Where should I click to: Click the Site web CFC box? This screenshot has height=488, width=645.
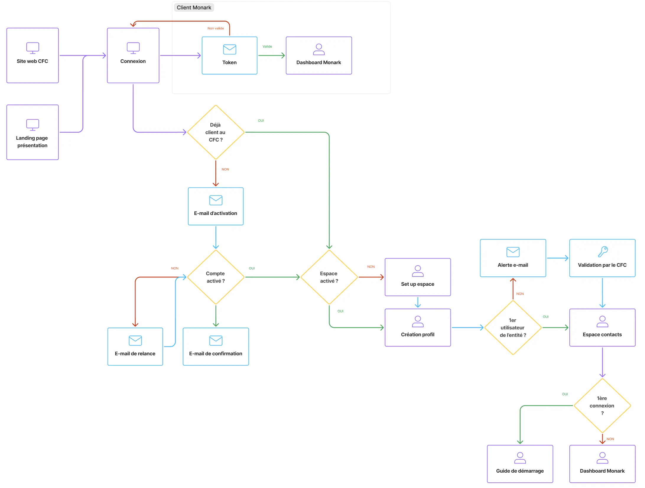33,56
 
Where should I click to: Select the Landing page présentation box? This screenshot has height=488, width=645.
33,132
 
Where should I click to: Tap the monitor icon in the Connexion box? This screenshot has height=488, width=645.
133,48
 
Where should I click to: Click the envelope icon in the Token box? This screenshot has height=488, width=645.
230,49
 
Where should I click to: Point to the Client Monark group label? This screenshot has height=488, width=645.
194,8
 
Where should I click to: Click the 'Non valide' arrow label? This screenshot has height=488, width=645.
215,28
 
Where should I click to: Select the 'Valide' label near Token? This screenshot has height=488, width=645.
267,46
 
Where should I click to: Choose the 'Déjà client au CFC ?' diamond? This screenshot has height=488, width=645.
216,132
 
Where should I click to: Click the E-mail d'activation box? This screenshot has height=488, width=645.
216,206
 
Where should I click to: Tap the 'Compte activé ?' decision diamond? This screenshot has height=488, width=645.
216,277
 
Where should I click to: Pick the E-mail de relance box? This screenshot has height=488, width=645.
135,347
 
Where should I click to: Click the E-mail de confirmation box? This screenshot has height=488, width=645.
216,347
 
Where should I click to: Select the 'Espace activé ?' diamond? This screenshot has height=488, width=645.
329,277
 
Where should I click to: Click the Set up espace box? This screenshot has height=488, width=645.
417,277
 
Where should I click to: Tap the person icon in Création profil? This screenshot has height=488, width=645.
417,321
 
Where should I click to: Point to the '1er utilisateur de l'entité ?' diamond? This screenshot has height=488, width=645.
513,328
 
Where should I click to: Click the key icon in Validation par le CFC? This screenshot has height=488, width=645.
602,252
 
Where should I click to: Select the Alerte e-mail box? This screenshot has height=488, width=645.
513,258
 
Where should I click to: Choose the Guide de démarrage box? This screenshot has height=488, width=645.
520,464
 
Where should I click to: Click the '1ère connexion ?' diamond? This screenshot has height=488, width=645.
602,406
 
